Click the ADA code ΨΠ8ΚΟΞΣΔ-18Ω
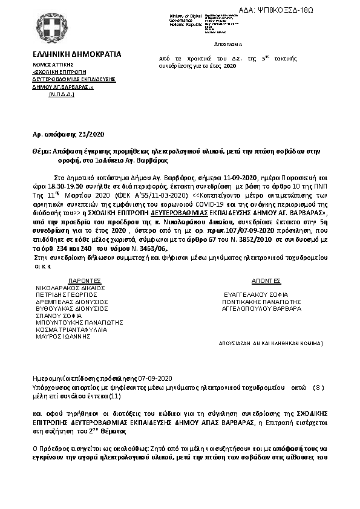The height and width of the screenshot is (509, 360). [x=323, y=11]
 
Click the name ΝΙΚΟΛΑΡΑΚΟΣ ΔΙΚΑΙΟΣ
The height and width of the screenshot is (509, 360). [x=71, y=288]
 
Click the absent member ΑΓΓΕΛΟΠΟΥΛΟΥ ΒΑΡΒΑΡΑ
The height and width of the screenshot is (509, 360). [x=261, y=308]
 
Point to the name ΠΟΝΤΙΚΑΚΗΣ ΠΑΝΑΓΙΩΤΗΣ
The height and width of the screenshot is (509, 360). [x=262, y=301]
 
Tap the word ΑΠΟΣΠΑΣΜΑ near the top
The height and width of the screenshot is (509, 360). [x=228, y=45]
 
